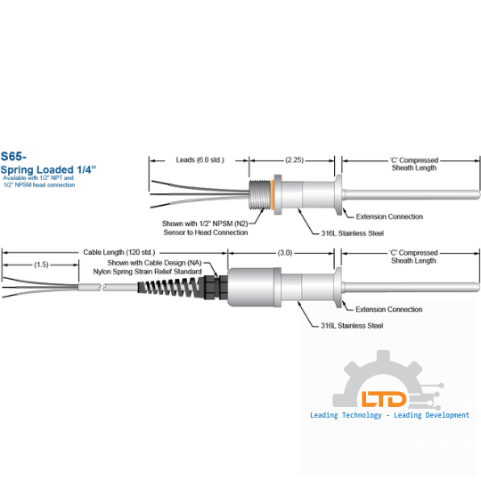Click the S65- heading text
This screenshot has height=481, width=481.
coord(13,157)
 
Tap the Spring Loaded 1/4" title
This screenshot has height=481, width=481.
coord(48,169)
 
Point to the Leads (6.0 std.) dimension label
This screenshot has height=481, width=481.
coord(200,159)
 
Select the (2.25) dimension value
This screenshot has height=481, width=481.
coord(294,159)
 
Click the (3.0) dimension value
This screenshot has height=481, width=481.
coord(285,253)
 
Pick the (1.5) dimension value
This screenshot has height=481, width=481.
coord(41,265)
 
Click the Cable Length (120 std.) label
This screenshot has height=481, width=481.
coord(119,252)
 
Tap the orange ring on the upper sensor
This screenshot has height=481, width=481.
coord(272,195)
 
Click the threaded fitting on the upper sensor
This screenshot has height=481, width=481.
coord(260,195)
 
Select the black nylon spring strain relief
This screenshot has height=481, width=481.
coord(170,287)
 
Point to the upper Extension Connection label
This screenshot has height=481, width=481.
coord(389,216)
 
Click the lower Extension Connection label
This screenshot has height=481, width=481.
coord(388,309)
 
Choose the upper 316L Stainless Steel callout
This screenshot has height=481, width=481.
coord(352,233)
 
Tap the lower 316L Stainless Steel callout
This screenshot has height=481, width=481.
coord(352,326)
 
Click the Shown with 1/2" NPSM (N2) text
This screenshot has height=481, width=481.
coord(205,224)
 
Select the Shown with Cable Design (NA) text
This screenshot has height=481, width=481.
coord(154,263)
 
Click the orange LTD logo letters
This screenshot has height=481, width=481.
coord(383,399)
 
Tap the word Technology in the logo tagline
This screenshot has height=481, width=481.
coord(362,415)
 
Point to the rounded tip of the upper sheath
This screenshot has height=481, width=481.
coord(477,194)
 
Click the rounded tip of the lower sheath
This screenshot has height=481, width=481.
coord(477,288)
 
